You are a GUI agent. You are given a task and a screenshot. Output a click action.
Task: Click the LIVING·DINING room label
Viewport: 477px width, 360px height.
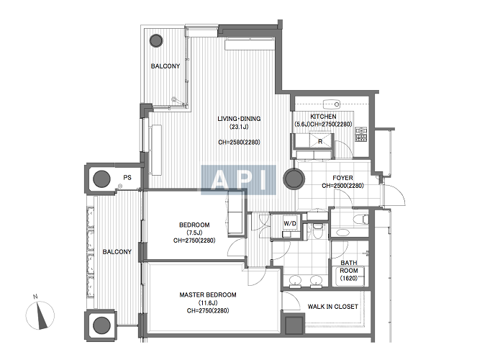coord(239,119)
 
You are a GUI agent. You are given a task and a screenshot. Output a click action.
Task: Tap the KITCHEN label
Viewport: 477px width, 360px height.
coord(323,117)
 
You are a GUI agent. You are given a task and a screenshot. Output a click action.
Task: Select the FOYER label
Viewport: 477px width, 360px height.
coord(342,178)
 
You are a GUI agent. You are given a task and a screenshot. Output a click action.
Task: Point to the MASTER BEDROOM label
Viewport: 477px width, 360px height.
coord(208,294)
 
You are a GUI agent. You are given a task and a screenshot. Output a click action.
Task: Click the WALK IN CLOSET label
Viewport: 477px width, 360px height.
coord(333,307)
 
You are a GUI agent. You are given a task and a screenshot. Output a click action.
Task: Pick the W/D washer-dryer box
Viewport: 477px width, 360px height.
coord(290,223)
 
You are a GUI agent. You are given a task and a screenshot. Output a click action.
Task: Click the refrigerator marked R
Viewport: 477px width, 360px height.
coord(320,140)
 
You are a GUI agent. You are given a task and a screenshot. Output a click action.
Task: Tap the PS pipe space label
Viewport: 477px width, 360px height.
coord(127,177)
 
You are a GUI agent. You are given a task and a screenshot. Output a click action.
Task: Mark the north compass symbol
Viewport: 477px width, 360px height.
coord(40,314)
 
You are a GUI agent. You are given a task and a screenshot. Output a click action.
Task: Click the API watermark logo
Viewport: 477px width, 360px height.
coord(239,180)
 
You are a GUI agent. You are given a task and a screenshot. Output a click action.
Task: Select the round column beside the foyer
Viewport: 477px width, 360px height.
coord(294,179)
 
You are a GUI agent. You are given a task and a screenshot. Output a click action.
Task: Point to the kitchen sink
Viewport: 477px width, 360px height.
coord(331,104)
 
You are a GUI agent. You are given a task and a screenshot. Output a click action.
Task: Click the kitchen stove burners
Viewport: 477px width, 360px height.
coord(360,134)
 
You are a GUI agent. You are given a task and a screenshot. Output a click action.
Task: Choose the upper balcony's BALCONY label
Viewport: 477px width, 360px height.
coord(165,66)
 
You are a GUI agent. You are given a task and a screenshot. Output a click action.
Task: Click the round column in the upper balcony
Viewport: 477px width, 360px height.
coord(156,40)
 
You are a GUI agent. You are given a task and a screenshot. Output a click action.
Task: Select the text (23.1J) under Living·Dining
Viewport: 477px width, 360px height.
coord(239,127)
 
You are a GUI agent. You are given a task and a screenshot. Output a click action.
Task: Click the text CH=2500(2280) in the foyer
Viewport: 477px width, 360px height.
coord(342,186)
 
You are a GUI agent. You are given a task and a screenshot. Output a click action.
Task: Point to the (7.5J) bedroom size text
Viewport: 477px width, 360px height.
coord(194,233)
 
